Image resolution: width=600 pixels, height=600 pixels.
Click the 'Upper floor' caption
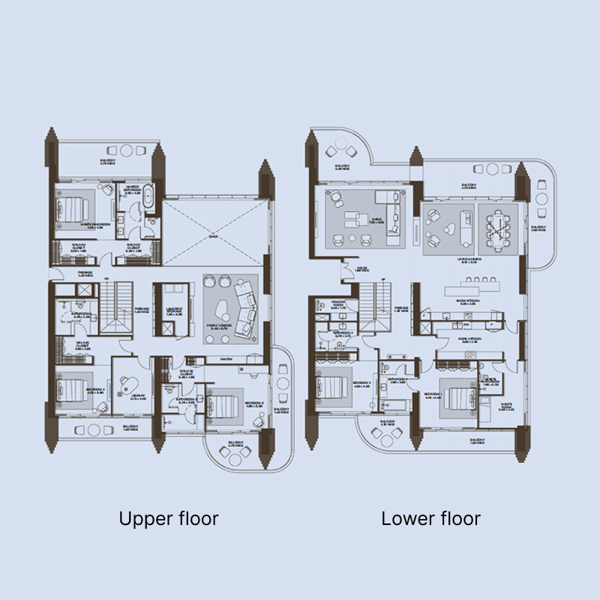(x=169, y=518)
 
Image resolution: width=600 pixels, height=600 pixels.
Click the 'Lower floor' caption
(x=430, y=518)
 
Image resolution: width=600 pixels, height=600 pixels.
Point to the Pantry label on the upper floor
(x=225, y=360)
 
